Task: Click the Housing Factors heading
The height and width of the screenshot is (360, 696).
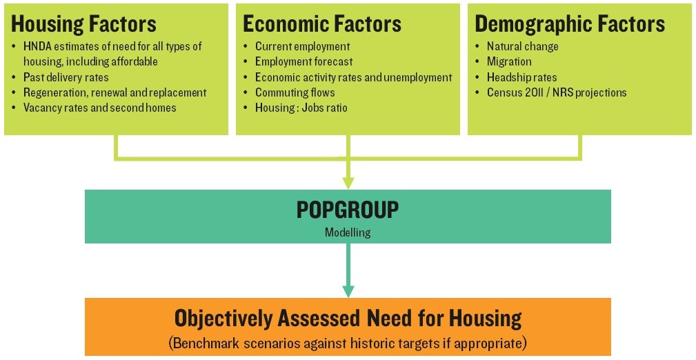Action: click(x=83, y=24)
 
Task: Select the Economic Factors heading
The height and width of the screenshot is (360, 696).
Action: click(x=322, y=24)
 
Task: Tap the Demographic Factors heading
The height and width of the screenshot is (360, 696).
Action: click(x=570, y=24)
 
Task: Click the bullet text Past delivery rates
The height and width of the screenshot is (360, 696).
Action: click(x=66, y=77)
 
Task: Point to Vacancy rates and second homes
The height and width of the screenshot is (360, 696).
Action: click(x=100, y=108)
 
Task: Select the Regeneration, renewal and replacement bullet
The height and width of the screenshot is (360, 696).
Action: click(x=115, y=93)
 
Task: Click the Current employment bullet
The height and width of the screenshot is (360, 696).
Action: click(x=302, y=47)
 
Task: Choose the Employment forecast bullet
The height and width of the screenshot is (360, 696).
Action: click(x=304, y=61)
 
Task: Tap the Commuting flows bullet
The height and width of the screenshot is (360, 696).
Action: click(x=295, y=93)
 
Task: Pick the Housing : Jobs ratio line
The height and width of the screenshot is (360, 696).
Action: click(x=301, y=108)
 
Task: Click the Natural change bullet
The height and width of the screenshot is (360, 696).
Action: click(x=522, y=47)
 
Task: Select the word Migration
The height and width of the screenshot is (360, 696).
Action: click(x=509, y=61)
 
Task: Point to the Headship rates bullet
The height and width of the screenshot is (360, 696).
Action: click(x=521, y=77)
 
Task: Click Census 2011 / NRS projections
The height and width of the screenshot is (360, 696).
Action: click(x=557, y=93)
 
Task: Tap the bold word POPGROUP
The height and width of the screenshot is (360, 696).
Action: click(x=348, y=210)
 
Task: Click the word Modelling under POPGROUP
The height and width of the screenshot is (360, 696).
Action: click(x=348, y=232)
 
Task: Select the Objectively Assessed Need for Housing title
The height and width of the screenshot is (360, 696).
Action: click(x=348, y=318)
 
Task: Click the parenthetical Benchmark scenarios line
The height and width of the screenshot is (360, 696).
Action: click(x=348, y=343)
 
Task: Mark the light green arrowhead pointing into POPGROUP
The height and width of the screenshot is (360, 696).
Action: click(x=348, y=183)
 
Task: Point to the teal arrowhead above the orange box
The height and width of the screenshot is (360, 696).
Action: click(x=348, y=291)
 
